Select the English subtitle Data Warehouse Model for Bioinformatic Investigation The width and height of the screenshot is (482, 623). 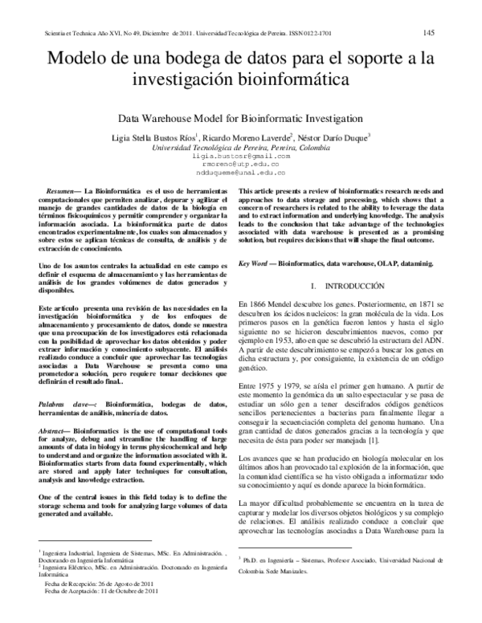[x=241, y=116]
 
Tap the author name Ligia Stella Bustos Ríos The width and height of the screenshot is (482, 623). [x=155, y=137]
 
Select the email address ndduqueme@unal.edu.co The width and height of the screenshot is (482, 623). [x=241, y=171]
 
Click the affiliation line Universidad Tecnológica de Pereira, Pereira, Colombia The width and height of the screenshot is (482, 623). [x=241, y=148]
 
